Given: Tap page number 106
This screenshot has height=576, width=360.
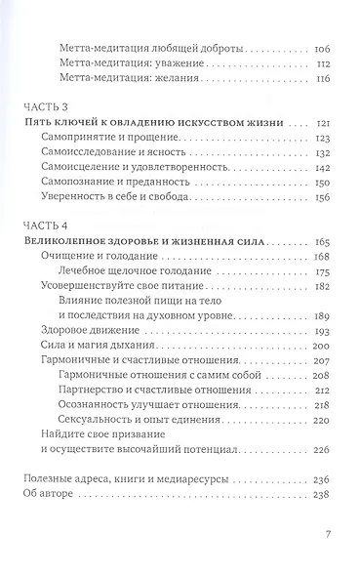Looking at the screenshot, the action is point(325,47).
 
